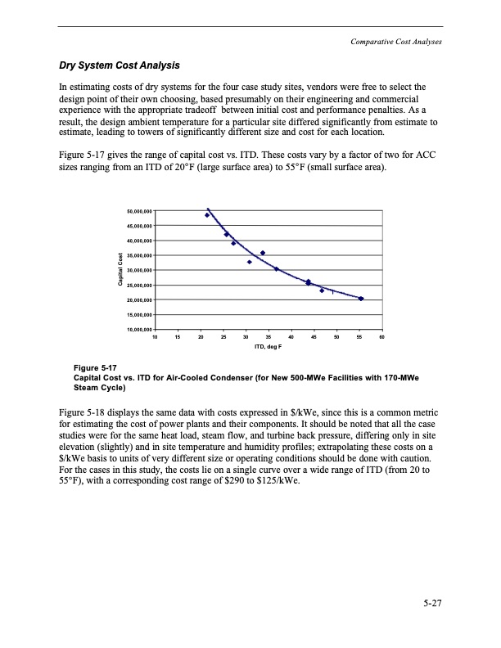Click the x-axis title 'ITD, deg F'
269,347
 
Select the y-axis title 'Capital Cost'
121,270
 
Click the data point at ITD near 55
361,299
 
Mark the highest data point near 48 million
207,215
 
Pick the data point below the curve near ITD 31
250,262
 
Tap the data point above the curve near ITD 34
263,253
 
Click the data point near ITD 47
322,290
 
